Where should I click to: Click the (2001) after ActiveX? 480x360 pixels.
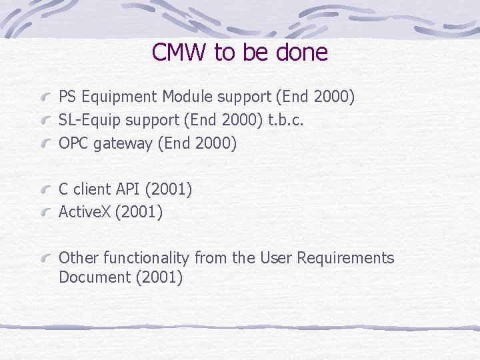click(139, 213)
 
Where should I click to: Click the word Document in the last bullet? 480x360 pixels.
click(94, 277)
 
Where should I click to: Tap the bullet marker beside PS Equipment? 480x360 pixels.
click(47, 98)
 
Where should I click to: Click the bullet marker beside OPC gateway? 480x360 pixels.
click(47, 144)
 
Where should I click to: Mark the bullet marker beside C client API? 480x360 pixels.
click(47, 191)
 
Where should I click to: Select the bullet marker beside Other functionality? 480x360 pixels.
click(47, 259)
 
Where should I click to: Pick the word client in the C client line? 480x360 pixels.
click(89, 190)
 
